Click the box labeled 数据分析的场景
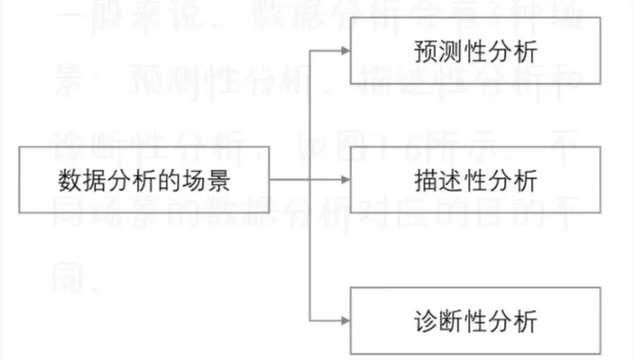144,180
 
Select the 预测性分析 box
475,51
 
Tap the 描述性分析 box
475,180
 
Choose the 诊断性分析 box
475,321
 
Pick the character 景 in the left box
218,180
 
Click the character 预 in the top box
426,52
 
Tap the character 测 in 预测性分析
450,52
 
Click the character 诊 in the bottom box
426,322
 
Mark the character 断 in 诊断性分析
450,322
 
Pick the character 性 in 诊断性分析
475,322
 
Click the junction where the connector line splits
310,180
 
